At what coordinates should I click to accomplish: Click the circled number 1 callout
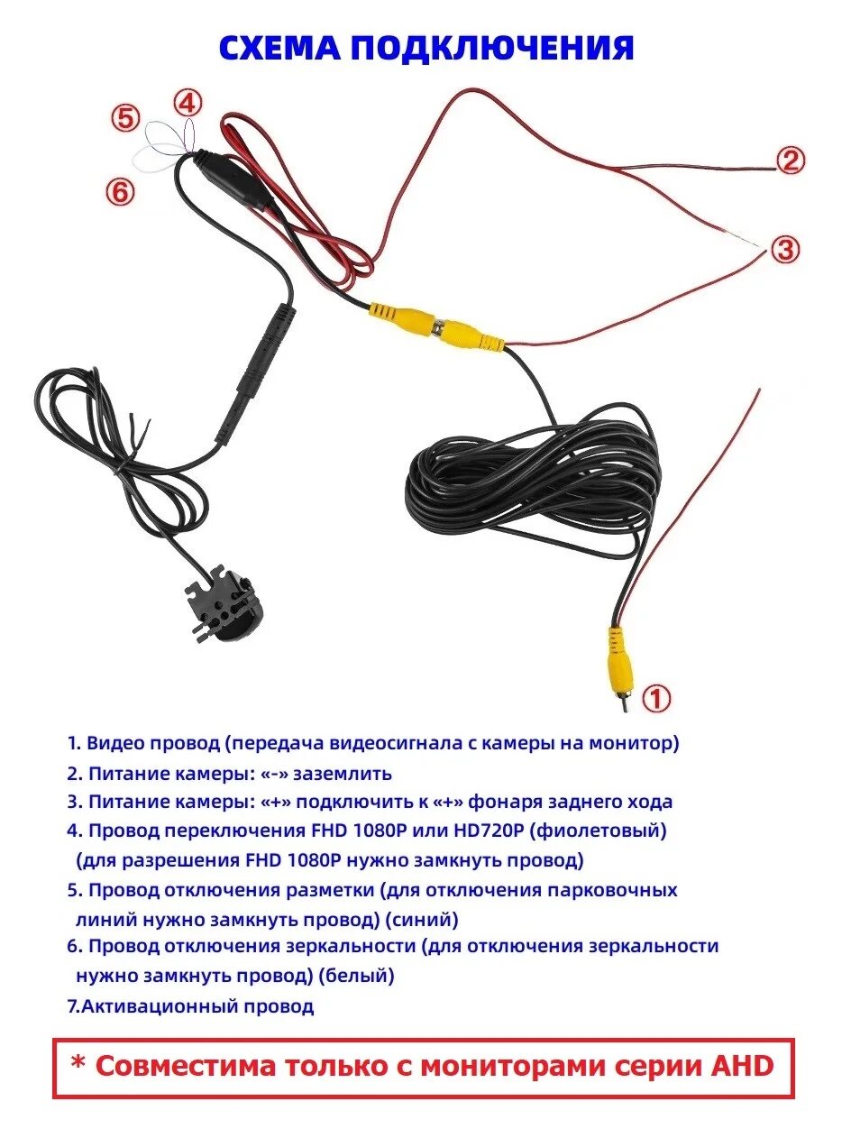(x=657, y=699)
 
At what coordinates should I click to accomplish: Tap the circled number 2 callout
(x=790, y=161)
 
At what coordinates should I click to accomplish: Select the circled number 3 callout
(x=785, y=249)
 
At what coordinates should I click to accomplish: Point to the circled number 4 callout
(x=187, y=103)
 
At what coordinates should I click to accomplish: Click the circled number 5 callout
(x=126, y=118)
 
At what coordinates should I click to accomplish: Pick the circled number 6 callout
(x=121, y=191)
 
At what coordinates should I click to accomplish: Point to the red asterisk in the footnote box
(x=78, y=1065)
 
